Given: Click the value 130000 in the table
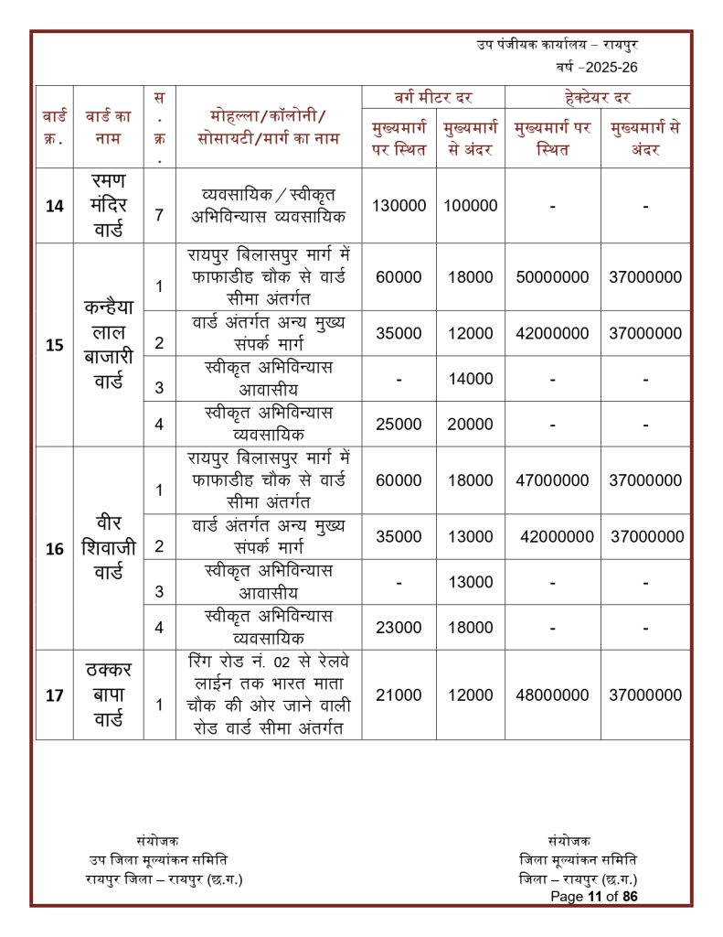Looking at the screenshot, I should [399, 206].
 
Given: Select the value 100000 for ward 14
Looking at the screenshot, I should [471, 206].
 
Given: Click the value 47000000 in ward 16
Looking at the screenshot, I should [553, 480].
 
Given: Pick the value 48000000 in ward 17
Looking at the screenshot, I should [553, 695].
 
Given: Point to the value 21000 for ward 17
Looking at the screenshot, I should [399, 695].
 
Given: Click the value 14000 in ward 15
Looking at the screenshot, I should [471, 379].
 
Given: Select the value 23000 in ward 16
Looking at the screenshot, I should [399, 627].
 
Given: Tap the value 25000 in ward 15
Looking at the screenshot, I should [399, 425].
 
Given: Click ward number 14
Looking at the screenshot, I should [54, 206].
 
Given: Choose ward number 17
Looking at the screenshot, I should [54, 695].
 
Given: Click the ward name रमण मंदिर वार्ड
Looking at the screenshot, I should [108, 205].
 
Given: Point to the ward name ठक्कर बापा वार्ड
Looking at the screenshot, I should [108, 695].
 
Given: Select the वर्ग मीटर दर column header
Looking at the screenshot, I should [433, 97].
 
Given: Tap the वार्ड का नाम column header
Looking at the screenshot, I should [108, 126].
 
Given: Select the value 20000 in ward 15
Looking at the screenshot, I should [471, 425].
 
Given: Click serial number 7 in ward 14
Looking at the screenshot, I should [159, 216].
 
